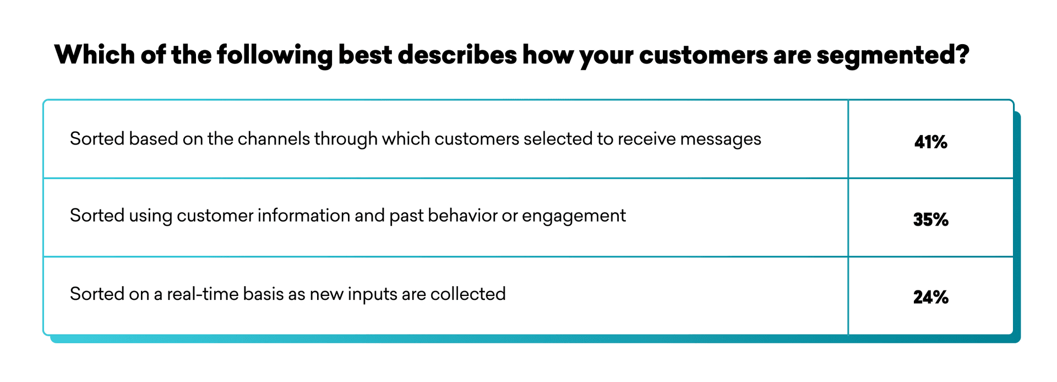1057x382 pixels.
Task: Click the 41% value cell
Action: point(930,139)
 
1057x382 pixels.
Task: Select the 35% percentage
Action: point(931,219)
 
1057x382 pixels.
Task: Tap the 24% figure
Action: point(931,297)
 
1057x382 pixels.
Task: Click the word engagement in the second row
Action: point(574,217)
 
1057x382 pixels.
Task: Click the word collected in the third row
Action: point(468,294)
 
